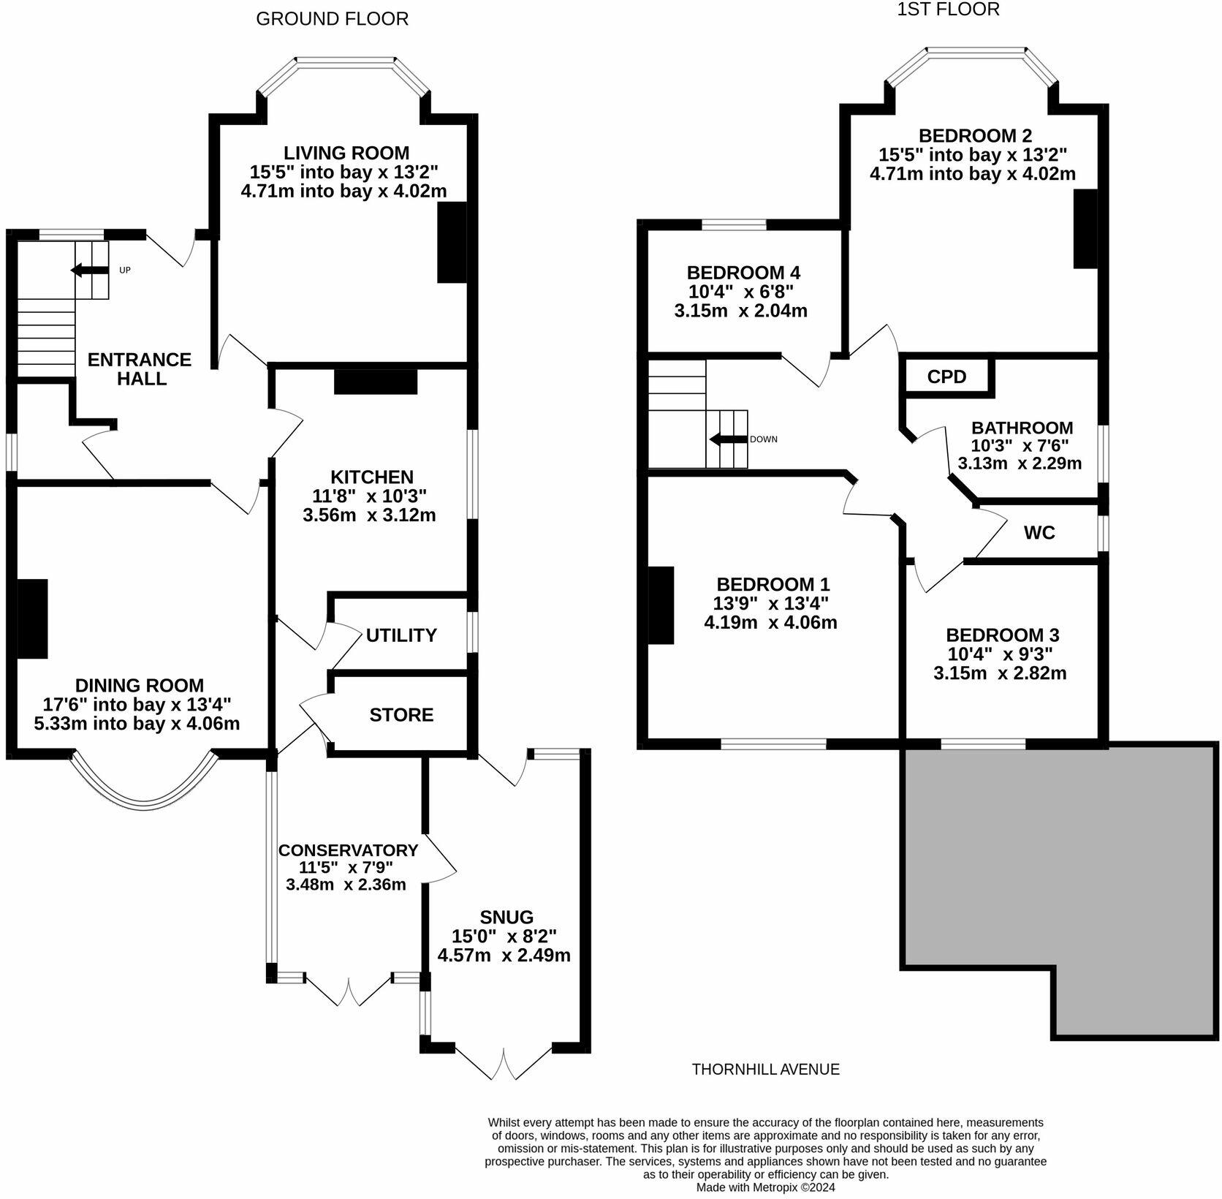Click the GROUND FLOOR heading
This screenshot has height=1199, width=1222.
pos(332,19)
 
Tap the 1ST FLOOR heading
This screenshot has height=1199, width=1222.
pos(948,10)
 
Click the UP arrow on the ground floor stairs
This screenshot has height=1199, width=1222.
pos(86,271)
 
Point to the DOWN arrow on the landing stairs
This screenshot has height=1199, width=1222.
pos(725,439)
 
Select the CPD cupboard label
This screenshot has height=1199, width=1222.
pos(946,377)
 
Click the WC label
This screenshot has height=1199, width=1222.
pos(1039,532)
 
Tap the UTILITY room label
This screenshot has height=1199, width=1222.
pos(401,635)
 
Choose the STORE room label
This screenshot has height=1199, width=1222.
pos(401,714)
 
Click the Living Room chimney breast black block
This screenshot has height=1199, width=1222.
pos(452,242)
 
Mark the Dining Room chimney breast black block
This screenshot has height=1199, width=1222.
pos(32,619)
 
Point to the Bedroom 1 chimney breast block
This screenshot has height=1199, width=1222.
pos(661,605)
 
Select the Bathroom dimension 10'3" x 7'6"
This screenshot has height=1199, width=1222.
pos(1020,445)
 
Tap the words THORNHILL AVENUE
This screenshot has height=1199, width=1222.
pos(765,1069)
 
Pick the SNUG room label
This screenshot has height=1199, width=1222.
pos(506,917)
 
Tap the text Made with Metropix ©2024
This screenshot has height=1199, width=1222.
pos(765,1187)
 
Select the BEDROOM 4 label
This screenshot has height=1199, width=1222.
pos(743,273)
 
